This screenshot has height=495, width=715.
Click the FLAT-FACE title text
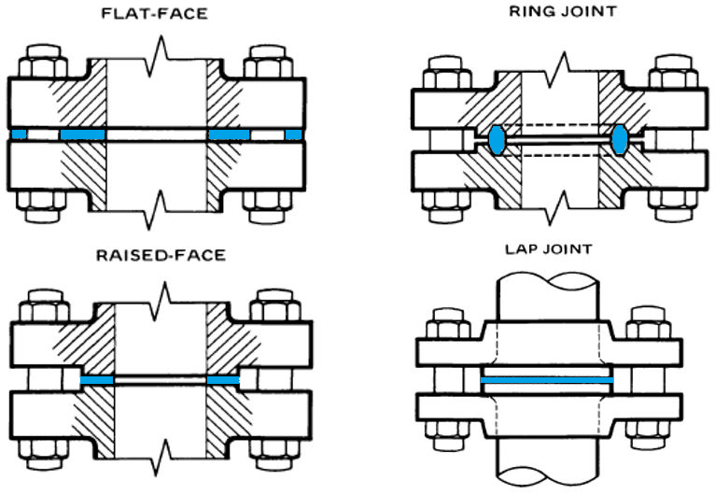point(156,15)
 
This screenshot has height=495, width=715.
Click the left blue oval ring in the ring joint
point(497,138)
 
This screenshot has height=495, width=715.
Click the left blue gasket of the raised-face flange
point(97,381)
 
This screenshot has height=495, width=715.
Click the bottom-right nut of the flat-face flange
point(267,205)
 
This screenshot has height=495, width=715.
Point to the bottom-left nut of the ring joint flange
point(444,204)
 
